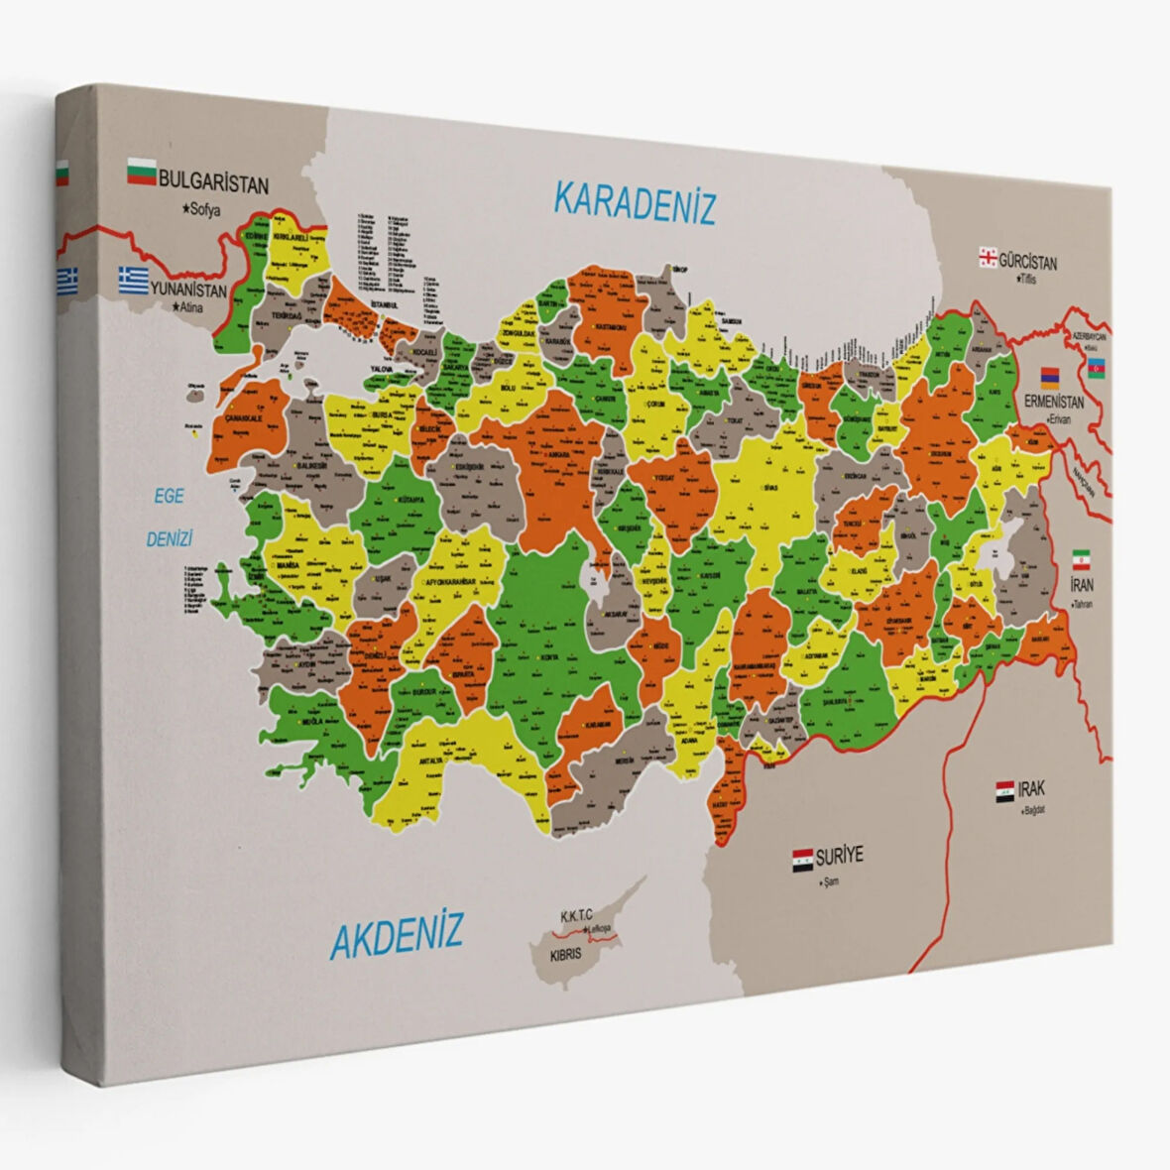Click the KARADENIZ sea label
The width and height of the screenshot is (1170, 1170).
pos(634,202)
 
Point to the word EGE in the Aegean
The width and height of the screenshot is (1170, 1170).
pos(169,496)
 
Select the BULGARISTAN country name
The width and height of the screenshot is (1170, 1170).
pos(213,183)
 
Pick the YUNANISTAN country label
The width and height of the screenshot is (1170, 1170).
pos(188,291)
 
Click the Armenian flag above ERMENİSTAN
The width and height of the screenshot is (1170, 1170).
pos(1049,377)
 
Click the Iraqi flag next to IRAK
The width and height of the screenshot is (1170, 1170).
pos(1005,790)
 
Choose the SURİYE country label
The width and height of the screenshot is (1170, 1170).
pos(840,855)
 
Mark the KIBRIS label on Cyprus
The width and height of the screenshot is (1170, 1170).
pos(566,956)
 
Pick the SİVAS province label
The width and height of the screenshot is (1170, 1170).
pos(770,489)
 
